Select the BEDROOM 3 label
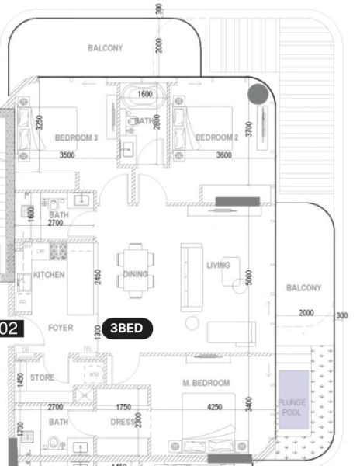tap(76, 137)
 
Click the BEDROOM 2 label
tap(216, 137)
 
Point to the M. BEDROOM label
tap(206, 384)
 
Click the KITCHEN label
tap(49, 275)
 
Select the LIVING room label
tap(219, 266)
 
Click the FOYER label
tap(61, 329)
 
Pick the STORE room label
tap(42, 378)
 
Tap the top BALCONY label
tap(106, 48)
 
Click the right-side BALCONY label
tap(303, 288)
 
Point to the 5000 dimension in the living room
tap(249, 279)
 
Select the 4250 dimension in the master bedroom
tap(215, 407)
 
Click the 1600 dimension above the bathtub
tap(145, 95)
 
